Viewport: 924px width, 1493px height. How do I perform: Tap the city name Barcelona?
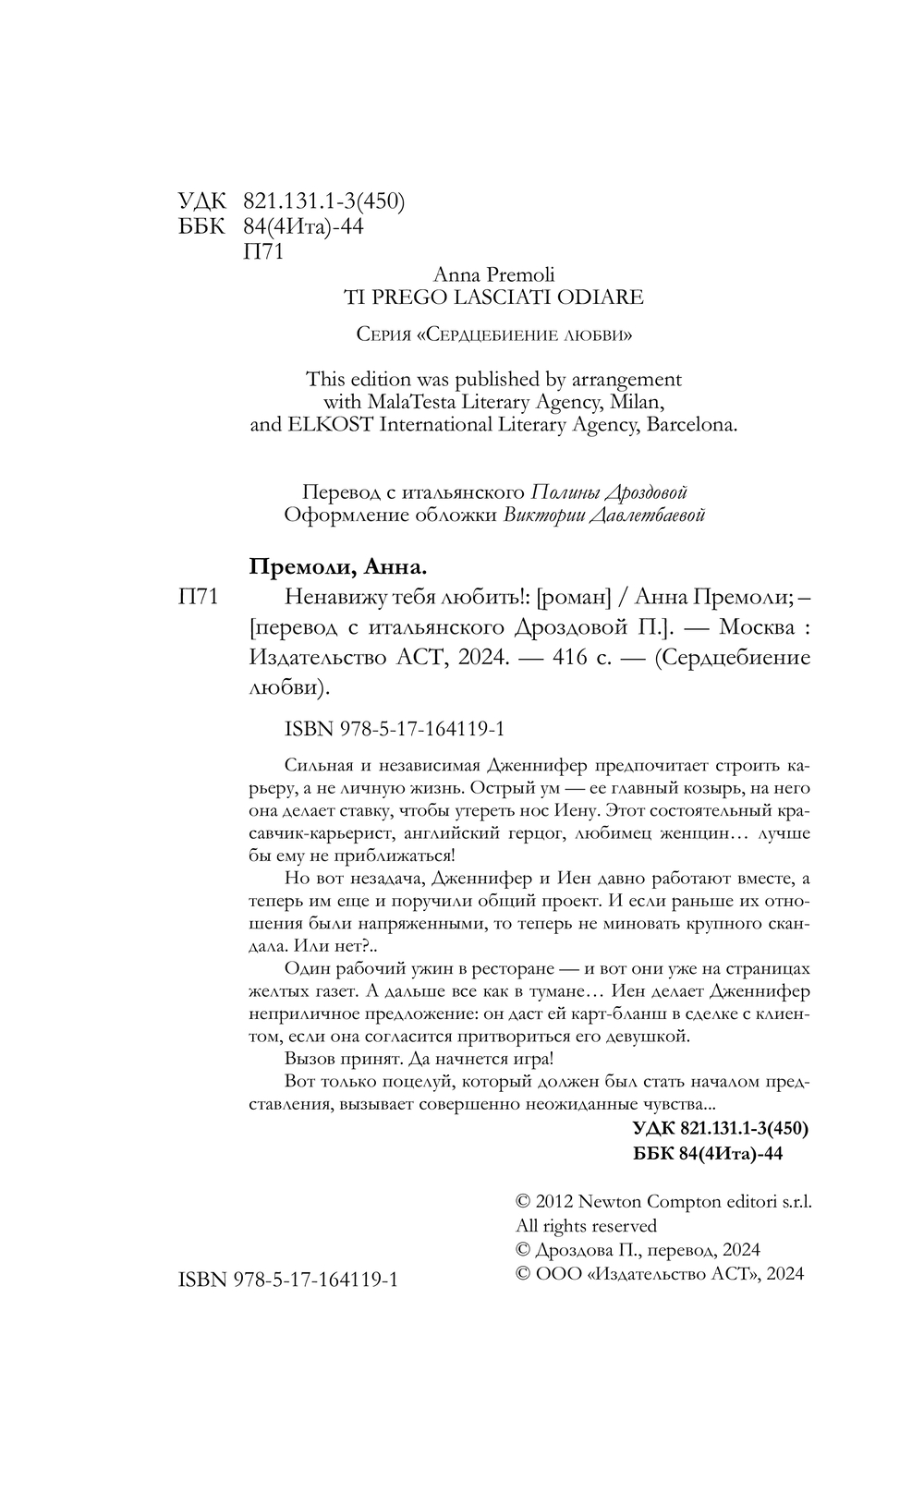(689, 426)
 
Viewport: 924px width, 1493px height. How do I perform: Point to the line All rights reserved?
(586, 1226)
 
